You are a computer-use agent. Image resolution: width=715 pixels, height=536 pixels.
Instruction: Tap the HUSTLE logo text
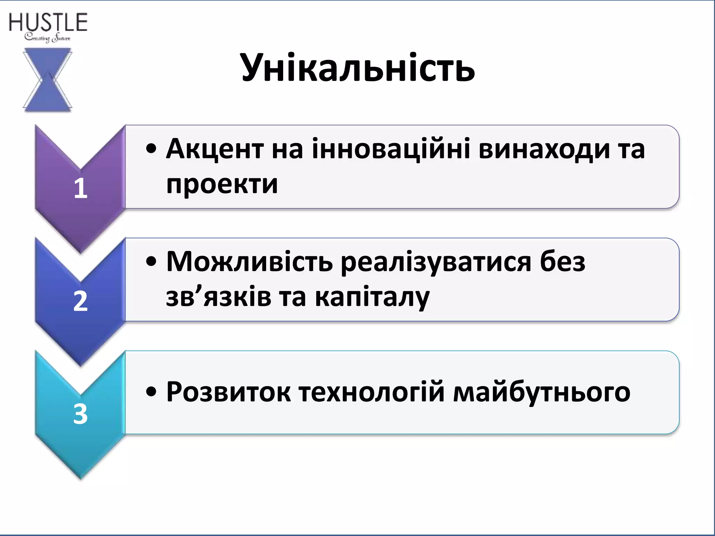(x=48, y=23)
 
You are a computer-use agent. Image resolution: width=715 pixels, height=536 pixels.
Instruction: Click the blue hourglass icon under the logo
(x=47, y=80)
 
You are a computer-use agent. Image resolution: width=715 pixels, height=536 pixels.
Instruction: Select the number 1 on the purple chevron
(x=80, y=188)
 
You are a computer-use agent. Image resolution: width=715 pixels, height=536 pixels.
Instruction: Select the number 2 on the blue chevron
(x=80, y=301)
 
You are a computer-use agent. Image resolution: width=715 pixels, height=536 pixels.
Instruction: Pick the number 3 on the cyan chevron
(x=80, y=414)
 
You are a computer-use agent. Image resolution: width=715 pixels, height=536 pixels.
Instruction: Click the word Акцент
(x=215, y=149)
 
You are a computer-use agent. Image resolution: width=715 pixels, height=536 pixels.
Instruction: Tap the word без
(x=562, y=262)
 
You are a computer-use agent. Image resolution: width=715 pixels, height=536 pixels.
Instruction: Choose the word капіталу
(x=372, y=297)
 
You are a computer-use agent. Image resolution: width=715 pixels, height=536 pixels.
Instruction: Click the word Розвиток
(x=229, y=392)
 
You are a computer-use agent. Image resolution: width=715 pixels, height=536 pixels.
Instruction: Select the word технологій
(x=372, y=392)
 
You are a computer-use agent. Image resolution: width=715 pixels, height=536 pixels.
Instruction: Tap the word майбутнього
(x=541, y=392)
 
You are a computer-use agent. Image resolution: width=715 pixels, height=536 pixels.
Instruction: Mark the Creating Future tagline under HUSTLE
(x=47, y=38)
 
